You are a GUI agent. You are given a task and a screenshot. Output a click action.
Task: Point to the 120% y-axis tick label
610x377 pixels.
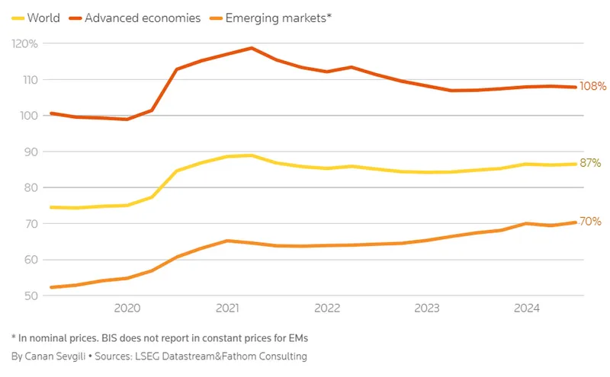click(24, 43)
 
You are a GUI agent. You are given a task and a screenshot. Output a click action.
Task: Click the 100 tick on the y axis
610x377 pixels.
click(28, 116)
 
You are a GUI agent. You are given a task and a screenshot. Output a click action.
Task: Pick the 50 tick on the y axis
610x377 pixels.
click(30, 296)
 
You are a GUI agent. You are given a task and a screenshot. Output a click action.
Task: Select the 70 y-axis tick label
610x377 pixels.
click(30, 224)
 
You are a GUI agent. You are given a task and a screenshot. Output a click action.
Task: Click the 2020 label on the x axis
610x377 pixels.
click(127, 308)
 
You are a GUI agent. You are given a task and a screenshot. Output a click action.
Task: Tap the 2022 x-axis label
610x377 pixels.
click(326, 308)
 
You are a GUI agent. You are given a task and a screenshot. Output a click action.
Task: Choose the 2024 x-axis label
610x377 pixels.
click(527, 308)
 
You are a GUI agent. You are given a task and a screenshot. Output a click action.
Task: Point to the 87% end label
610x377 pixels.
click(590, 163)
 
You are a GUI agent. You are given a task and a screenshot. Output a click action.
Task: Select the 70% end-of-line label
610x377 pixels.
click(590, 222)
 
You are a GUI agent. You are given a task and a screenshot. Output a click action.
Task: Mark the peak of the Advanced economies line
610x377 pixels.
click(252, 48)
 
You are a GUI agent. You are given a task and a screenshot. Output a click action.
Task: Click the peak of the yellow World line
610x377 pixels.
click(252, 155)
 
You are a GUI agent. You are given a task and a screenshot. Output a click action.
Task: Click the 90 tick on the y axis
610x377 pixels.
click(30, 152)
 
